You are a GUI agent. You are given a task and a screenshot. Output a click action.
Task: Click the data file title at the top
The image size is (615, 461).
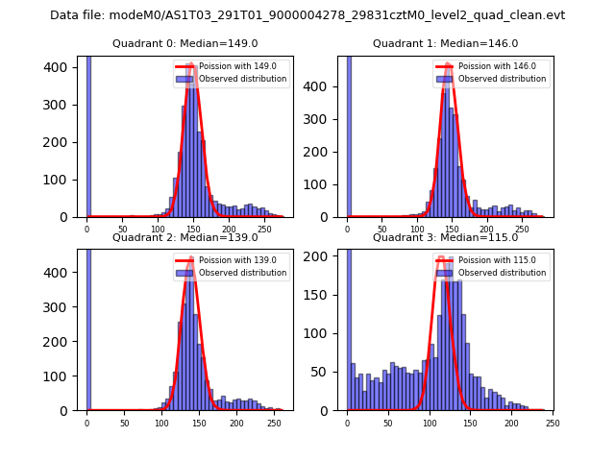click(x=307, y=15)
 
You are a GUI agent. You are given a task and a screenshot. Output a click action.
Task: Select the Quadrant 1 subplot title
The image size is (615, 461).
click(x=445, y=43)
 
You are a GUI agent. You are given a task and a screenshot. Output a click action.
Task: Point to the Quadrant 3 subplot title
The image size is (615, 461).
click(x=445, y=237)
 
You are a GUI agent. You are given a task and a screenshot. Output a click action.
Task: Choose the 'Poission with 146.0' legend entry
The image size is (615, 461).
click(x=482, y=66)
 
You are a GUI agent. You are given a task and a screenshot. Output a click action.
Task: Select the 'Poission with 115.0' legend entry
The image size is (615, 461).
click(x=482, y=259)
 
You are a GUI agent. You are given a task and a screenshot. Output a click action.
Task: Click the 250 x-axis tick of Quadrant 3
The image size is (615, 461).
click(x=552, y=423)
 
